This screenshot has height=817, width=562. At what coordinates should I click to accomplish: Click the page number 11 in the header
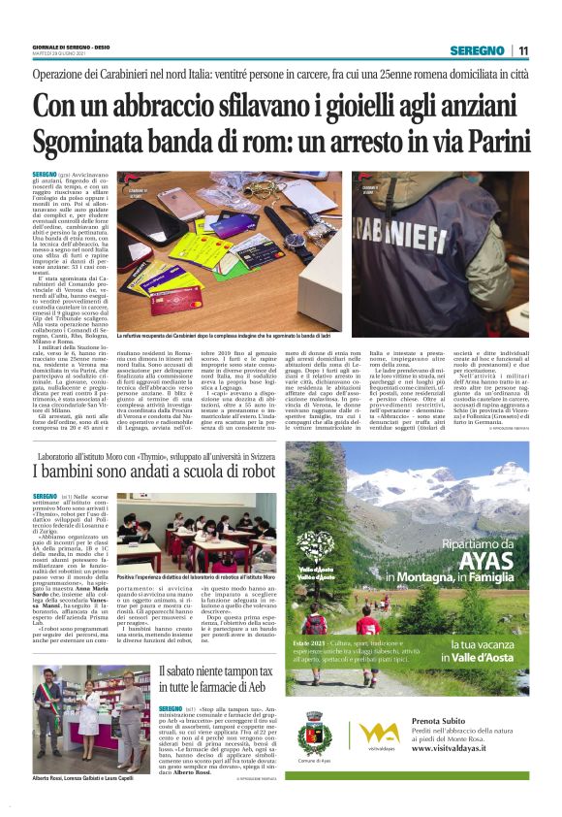tap(522, 51)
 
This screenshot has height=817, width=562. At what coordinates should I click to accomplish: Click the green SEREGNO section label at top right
tap(481, 51)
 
